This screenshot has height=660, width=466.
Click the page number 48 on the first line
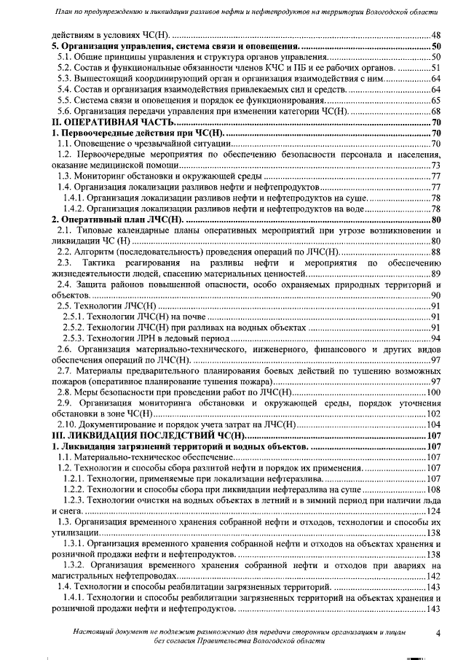tap(436, 35)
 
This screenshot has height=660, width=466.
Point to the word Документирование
tap(121, 424)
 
